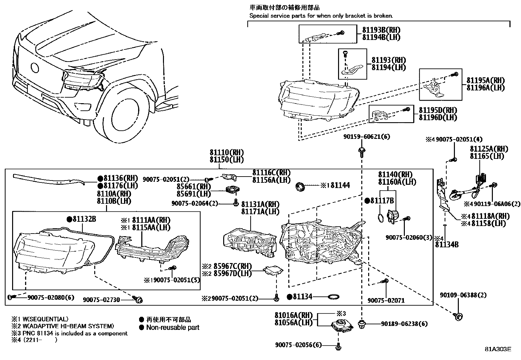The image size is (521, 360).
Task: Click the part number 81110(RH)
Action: (226, 153)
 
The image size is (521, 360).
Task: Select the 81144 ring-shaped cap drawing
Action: (300, 187)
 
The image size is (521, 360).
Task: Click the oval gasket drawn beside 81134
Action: (333, 297)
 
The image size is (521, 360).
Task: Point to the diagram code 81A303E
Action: (498, 349)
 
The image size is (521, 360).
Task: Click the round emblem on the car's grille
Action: (35, 68)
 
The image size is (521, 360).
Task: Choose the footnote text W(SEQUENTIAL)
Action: (45, 319)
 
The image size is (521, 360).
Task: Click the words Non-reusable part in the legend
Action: (172, 327)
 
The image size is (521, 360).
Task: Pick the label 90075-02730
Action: (101, 300)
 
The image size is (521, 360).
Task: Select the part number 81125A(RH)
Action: (489, 149)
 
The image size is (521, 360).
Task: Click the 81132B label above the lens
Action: (84, 219)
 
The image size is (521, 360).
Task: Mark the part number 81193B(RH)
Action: (381, 30)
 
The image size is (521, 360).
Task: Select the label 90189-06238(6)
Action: (404, 324)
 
